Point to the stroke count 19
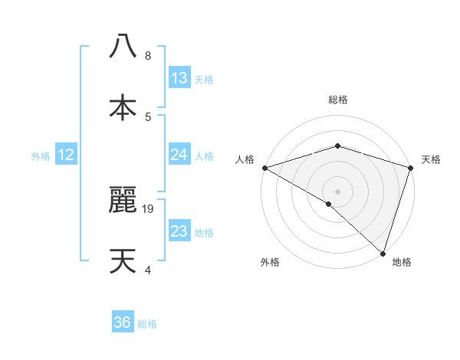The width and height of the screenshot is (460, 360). point(149,208)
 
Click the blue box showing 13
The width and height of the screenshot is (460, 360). point(179,78)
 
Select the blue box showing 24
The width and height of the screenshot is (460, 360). point(179,155)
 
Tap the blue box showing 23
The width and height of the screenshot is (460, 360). point(179,231)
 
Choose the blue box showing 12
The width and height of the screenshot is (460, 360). point(66,155)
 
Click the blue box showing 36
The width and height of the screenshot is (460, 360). point(123,322)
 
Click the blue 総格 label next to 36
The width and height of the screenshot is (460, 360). point(147,324)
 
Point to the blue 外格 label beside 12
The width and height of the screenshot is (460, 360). point(41,155)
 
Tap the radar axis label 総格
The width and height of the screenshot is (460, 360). point(337,100)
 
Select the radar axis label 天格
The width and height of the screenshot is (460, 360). point(431,159)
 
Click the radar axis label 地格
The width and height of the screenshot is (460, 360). point(402,262)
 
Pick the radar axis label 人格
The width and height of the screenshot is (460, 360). point(245,159)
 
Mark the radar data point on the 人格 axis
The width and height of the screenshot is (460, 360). point(264,167)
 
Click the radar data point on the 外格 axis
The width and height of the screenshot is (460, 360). point(329,204)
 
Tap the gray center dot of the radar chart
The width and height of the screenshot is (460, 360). point(337,191)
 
